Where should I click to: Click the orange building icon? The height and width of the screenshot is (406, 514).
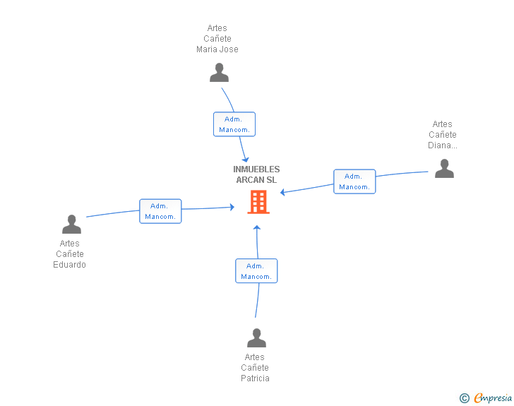pos(258,202)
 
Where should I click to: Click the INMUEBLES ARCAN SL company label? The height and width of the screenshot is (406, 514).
pos(256,174)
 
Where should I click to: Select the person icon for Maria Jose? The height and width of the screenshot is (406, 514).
pos(219,73)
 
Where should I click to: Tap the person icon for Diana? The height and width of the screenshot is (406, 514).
pos(444,168)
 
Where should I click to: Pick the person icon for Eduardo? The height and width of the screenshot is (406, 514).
pos(71,224)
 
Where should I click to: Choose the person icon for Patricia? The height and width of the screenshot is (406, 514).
pos(256,338)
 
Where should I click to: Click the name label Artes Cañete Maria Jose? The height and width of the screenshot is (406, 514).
pos(217,39)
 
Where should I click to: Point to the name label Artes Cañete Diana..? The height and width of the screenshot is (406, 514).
pos(443,135)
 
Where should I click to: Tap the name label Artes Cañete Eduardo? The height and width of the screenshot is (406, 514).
pos(69,254)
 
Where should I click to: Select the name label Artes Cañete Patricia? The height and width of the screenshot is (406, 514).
pos(255,368)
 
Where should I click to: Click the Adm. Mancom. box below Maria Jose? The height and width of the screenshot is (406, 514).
pos(234,124)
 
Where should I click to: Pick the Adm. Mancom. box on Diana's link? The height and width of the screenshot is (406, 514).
pos(354,181)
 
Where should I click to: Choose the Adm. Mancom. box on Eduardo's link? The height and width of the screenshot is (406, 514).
pos(160,211)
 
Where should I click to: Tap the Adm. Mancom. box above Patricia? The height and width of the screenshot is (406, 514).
pos(256,271)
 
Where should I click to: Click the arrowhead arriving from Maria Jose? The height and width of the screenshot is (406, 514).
pos(246,160)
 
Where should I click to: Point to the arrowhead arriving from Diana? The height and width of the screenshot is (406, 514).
pos(282,192)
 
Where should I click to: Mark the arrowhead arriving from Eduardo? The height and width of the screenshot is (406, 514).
pos(232,207)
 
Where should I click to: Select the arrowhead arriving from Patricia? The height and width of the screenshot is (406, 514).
pos(257,227)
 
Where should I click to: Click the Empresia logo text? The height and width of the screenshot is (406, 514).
pos(493,398)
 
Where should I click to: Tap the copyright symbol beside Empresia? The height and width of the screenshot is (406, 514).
pos(465,398)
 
